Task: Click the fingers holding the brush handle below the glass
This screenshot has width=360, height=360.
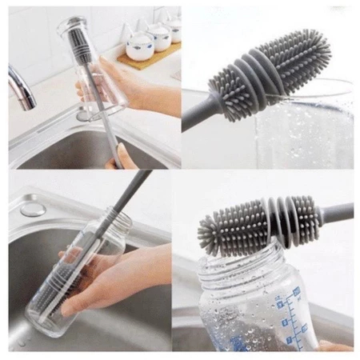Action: tap(125, 156)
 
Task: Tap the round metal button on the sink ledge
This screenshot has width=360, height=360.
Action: tap(33, 210)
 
